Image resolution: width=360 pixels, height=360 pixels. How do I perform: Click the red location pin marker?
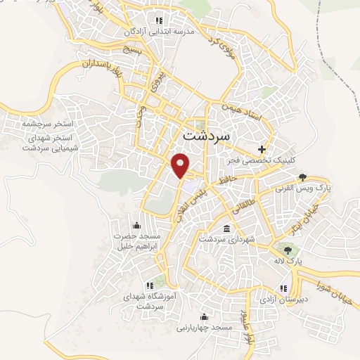point(181,165)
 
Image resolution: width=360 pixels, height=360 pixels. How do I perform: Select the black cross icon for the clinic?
point(262,149)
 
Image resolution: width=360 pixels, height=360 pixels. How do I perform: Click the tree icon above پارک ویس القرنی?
point(302,176)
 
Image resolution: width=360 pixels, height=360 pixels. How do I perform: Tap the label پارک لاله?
point(288,260)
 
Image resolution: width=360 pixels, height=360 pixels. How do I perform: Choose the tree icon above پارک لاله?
point(286,248)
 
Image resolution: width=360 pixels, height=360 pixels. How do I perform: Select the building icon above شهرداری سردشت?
point(226,229)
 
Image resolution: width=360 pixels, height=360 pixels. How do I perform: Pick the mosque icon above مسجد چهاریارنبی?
point(205,316)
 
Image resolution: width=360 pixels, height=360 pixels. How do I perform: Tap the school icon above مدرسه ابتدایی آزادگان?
point(158,20)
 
